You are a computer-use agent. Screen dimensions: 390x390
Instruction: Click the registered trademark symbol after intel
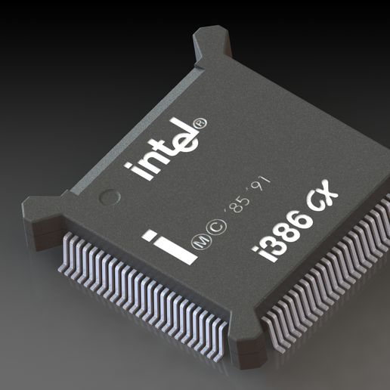(200, 121)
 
